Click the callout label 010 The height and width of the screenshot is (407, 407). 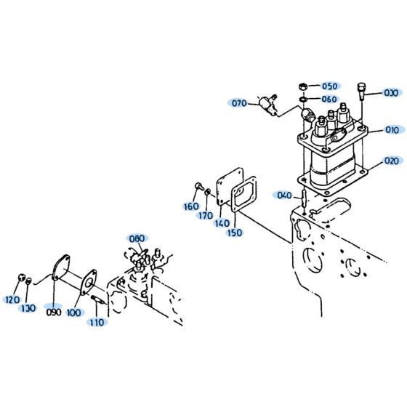[x=392, y=130]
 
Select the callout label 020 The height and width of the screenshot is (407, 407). [x=392, y=161]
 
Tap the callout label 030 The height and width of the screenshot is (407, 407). [x=392, y=92]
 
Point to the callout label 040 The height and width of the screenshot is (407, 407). [x=284, y=195]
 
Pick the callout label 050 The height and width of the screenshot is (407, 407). [x=329, y=86]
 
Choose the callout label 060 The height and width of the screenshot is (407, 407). [x=329, y=99]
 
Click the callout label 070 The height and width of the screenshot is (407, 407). [x=240, y=103]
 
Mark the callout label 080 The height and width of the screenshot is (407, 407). [x=137, y=238]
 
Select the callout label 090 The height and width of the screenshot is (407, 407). [x=53, y=313]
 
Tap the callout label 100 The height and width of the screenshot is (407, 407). [x=74, y=313]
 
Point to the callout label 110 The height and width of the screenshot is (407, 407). [x=97, y=321]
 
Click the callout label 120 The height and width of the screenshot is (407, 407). [x=12, y=299]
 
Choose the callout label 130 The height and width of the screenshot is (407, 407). [x=28, y=307]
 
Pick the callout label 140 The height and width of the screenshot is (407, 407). [x=222, y=224]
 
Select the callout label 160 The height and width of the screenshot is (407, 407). [x=191, y=206]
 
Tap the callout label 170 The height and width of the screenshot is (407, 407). [x=206, y=215]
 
